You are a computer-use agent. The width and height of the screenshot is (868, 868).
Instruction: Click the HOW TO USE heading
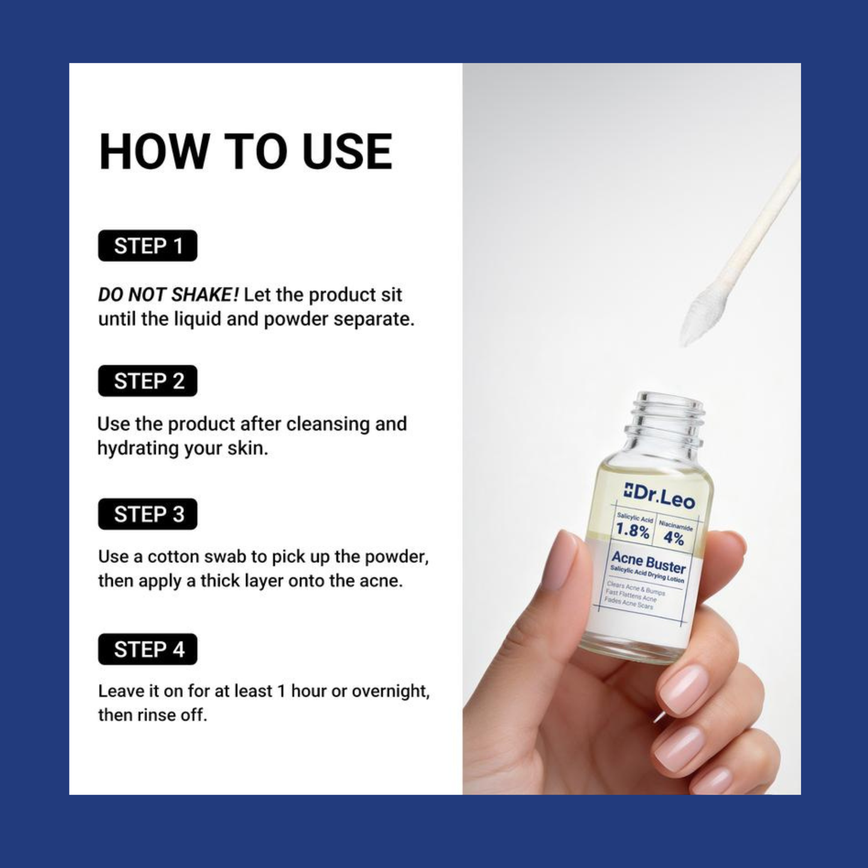pos(246,151)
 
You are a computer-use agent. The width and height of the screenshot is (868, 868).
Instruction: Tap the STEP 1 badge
pos(148,246)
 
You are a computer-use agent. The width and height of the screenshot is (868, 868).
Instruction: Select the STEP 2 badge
pos(148,381)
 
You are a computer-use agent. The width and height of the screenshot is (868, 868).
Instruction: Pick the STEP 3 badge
pos(148,514)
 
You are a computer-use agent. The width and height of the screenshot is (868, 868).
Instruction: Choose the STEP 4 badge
pos(148,649)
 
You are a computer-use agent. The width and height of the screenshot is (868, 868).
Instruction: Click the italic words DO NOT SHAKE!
pos(168,295)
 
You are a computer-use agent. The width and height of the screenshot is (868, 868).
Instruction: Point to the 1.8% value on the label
pos(633,531)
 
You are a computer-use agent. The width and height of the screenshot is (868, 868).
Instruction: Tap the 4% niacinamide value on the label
pos(673,538)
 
